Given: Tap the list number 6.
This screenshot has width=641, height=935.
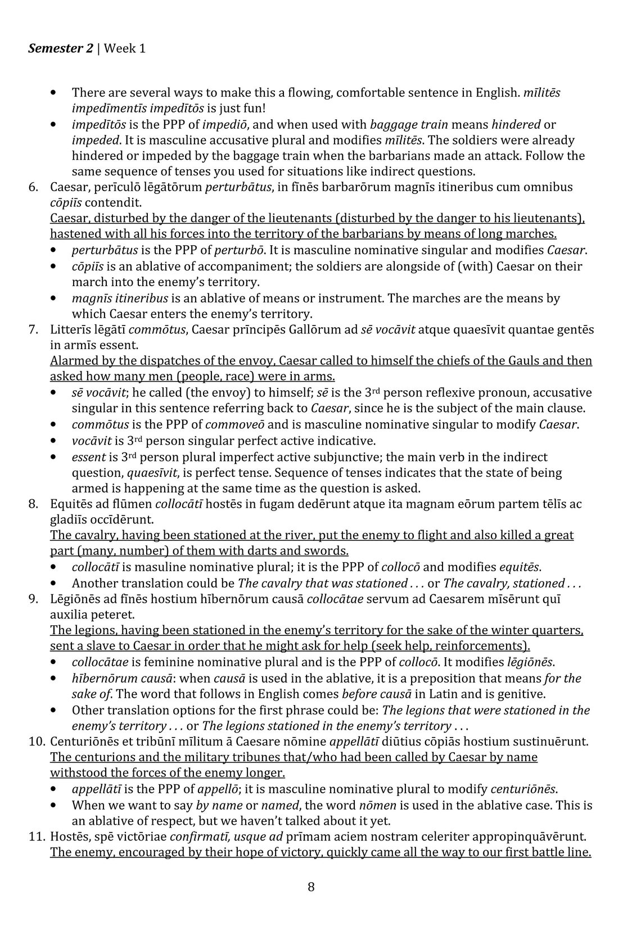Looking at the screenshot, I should (x=34, y=187).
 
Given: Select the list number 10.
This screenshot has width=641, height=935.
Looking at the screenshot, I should (x=36, y=742).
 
